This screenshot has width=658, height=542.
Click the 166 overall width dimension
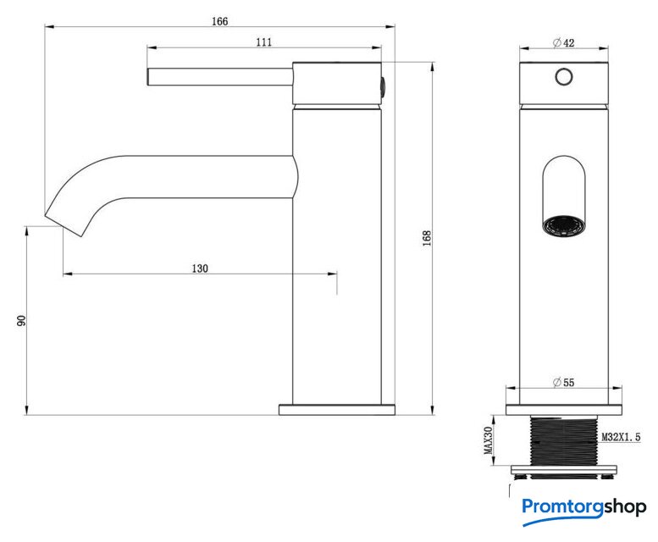219,21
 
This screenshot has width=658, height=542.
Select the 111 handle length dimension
264,42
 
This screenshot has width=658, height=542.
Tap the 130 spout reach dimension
200,268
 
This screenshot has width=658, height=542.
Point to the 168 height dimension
427,238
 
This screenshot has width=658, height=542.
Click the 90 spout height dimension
21,320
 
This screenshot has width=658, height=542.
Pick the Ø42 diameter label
564,43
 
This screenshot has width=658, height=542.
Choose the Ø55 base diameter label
564,382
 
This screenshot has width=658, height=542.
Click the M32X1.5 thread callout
621,437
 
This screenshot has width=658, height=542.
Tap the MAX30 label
488,440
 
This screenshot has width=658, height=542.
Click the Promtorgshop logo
584,510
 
